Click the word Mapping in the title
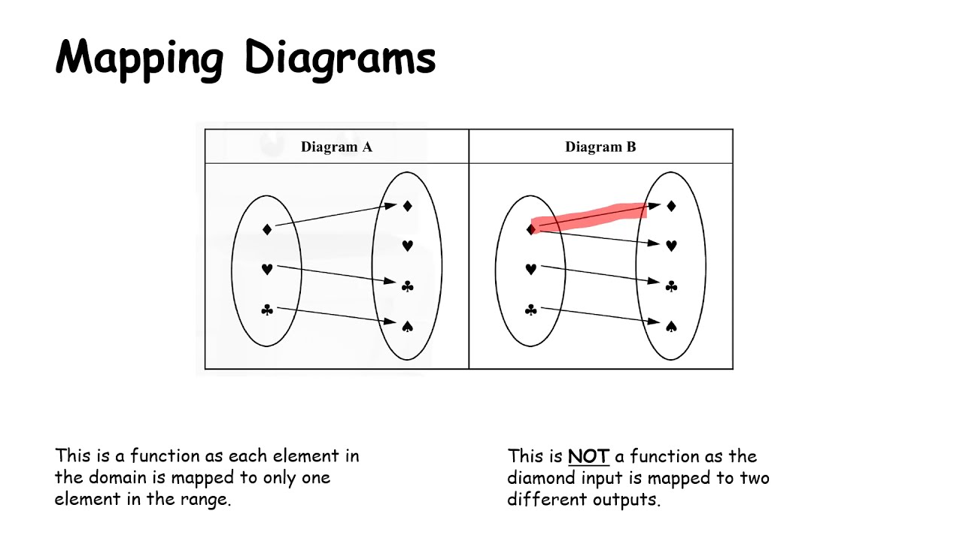(139, 59)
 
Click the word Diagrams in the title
(340, 59)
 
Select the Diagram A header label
(336, 147)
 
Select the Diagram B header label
(600, 147)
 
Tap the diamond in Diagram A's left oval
(267, 229)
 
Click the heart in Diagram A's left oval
(267, 269)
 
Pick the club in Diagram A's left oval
(267, 310)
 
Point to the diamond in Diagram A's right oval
(407, 205)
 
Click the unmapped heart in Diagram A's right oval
(407, 245)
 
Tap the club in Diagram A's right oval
(407, 286)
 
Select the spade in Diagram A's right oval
(407, 325)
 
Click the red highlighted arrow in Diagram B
(591, 215)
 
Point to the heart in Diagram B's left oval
(531, 269)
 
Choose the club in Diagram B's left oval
(531, 310)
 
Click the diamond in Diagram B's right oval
(671, 205)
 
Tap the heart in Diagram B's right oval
(671, 245)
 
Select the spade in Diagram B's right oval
(671, 325)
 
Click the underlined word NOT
(588, 456)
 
